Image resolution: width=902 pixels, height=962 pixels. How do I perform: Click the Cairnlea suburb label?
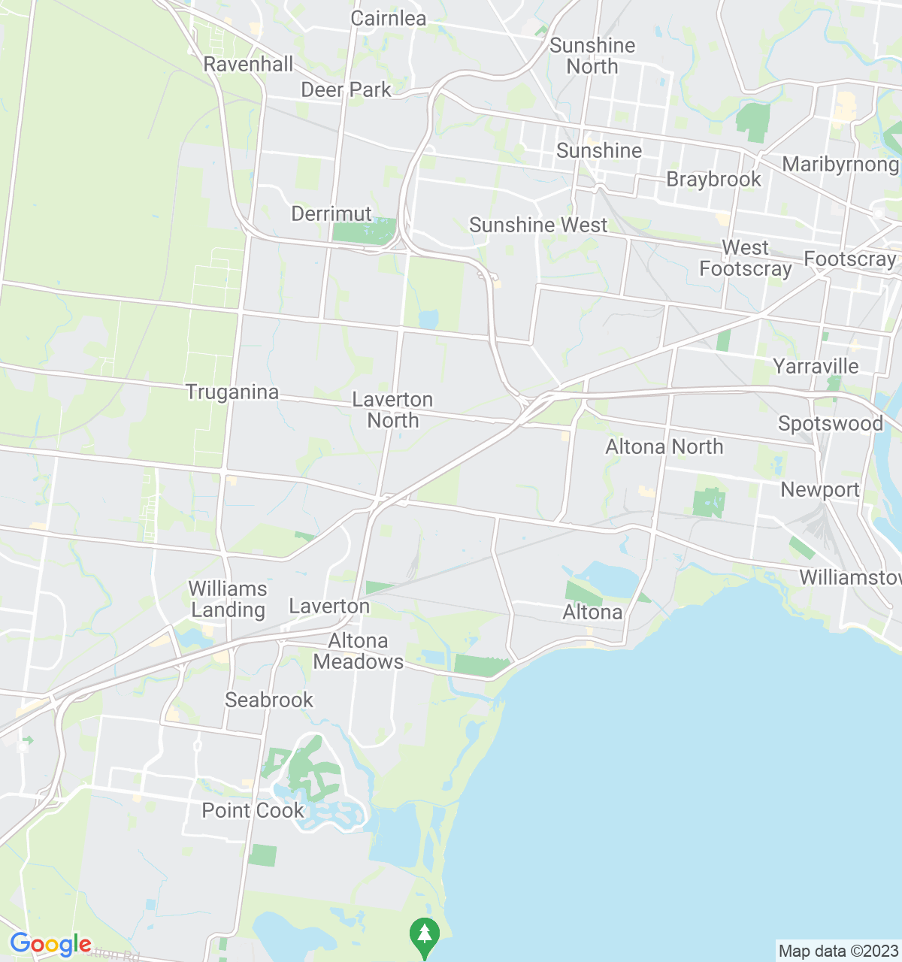389,19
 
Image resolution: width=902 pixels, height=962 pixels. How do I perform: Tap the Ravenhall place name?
248,65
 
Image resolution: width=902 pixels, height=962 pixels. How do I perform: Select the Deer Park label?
346,90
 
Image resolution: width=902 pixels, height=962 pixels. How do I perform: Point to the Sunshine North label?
592,56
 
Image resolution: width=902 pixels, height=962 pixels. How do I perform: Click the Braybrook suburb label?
713,180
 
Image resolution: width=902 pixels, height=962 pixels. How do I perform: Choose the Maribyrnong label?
840,165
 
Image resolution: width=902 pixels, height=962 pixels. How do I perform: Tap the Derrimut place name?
331,214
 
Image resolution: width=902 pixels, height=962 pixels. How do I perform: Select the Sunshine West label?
538,225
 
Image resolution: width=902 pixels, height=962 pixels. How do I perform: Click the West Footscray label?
746,259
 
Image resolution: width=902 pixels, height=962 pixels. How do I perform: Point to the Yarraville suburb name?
816,367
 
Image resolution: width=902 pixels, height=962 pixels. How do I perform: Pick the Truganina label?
232,392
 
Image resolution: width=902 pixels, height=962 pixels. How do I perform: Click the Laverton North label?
392,410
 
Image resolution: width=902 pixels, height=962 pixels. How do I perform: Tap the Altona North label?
664,447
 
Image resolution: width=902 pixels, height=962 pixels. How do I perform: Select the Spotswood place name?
831,424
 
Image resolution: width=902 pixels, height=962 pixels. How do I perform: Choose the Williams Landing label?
228,599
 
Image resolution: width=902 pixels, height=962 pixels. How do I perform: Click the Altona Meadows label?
359,651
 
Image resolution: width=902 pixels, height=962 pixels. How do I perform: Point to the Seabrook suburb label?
269,700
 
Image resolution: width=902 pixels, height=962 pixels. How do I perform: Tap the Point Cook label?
253,811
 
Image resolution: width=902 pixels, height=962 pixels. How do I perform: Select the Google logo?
50,945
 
